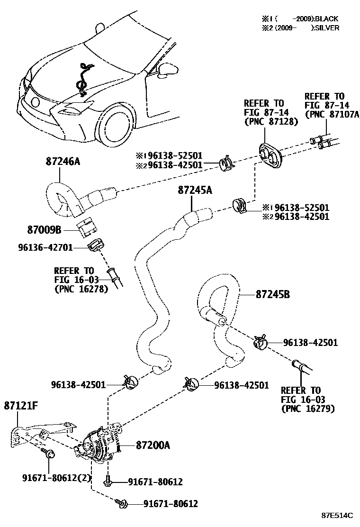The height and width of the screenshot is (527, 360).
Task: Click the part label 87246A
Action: click(63, 162)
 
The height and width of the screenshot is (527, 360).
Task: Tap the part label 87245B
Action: click(272, 294)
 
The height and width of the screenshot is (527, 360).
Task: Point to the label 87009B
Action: click(44, 230)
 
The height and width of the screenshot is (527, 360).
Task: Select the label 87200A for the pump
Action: click(153, 445)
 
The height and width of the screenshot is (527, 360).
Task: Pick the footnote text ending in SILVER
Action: click(301, 27)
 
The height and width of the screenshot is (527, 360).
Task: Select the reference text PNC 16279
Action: click(307, 408)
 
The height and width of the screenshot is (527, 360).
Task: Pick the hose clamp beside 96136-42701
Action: click(96, 245)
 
